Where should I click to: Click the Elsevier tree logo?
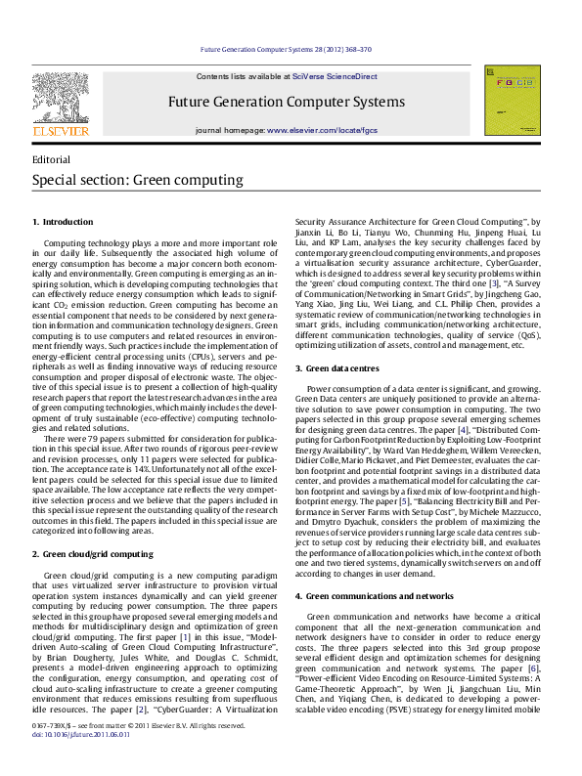[61, 97]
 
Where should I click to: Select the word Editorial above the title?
[51, 159]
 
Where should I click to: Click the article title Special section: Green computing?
[137, 180]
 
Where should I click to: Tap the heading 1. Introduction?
[63, 223]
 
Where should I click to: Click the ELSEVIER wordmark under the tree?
[61, 130]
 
